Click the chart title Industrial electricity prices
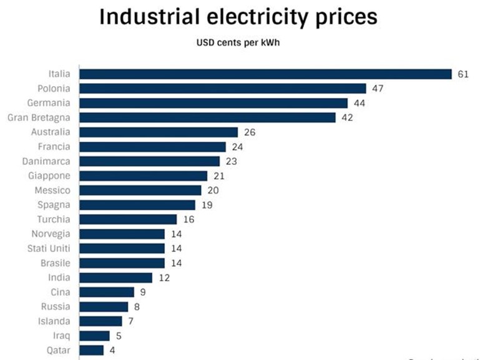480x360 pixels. (x=238, y=17)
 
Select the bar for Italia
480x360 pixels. (x=265, y=74)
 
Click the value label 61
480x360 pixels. (x=463, y=74)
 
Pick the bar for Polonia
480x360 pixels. (x=222, y=89)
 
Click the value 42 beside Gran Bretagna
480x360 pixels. (x=347, y=117)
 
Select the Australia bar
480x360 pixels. (x=159, y=132)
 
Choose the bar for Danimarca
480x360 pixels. (x=149, y=161)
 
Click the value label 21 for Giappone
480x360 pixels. (x=218, y=176)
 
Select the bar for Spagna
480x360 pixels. (x=137, y=205)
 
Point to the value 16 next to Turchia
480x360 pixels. (x=188, y=220)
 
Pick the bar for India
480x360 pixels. (x=115, y=278)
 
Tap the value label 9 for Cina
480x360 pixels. (x=142, y=292)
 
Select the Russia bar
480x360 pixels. (x=103, y=306)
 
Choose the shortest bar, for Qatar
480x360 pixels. (x=91, y=350)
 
